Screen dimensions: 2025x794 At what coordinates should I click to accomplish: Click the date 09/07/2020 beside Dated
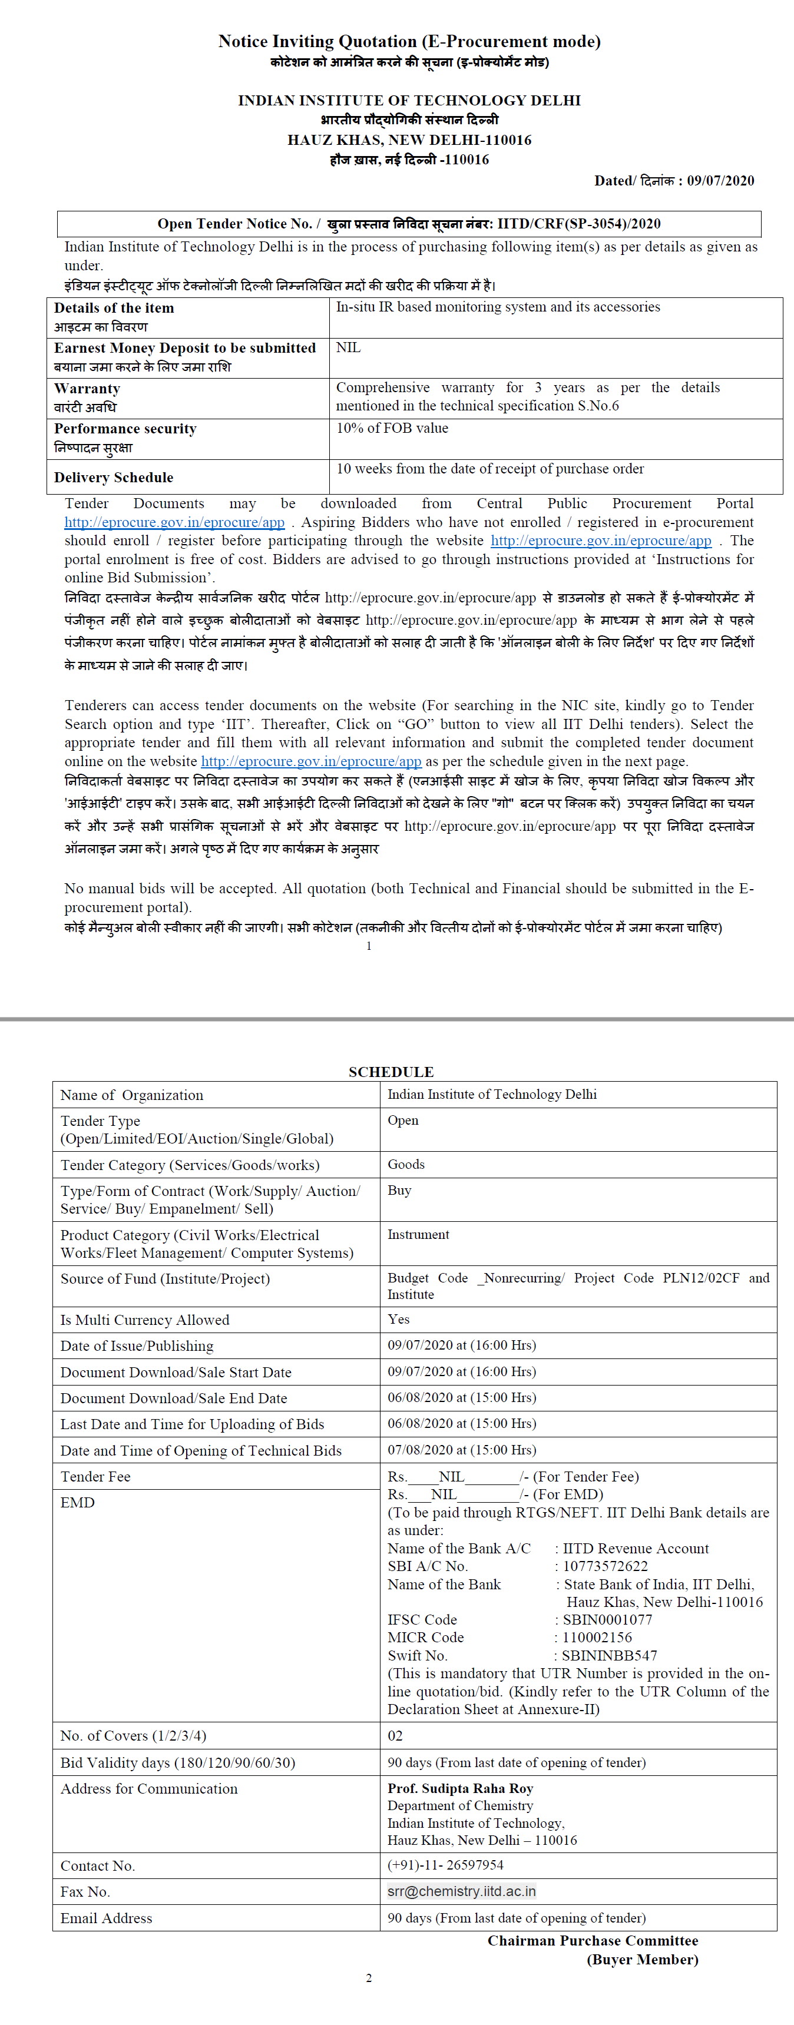[720, 181]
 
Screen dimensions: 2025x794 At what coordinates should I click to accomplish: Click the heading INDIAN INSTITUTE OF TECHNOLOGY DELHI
[409, 101]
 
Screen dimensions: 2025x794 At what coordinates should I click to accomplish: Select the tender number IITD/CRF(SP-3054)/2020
[578, 224]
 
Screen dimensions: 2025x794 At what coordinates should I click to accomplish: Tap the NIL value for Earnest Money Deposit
[348, 347]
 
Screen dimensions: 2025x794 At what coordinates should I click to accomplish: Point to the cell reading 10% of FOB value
[392, 429]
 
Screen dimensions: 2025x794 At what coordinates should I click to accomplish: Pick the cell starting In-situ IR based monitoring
[498, 307]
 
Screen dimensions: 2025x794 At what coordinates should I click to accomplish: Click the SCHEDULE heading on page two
[391, 1072]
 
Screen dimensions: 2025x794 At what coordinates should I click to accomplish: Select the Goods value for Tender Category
[406, 1164]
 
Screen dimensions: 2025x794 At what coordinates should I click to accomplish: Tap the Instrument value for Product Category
[418, 1234]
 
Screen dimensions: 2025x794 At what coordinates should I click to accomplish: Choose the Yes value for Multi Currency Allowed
[399, 1319]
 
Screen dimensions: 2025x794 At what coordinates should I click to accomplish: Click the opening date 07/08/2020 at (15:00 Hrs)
[461, 1450]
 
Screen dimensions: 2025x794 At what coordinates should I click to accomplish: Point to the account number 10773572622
[606, 1566]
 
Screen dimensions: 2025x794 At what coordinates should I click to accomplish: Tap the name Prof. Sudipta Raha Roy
[460, 1788]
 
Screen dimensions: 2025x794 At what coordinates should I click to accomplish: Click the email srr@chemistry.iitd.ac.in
[461, 1891]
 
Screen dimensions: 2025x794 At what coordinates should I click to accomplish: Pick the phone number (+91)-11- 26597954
[446, 1865]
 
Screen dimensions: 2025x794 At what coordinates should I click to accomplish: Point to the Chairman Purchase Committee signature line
[592, 1940]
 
